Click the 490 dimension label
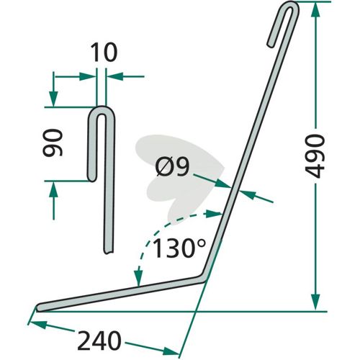point(315,156)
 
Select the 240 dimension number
point(99,341)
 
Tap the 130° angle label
point(179,248)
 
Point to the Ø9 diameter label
point(172,167)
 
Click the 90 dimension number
point(53,143)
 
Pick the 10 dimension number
point(104,53)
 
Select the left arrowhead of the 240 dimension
point(38,325)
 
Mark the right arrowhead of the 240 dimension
point(171,351)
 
